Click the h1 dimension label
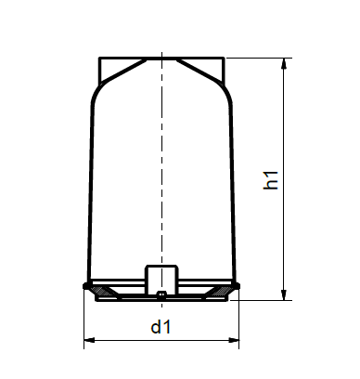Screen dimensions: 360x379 tap(271, 180)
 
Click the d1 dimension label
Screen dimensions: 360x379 tap(161, 327)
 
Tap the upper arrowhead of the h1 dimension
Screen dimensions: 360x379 tap(284, 64)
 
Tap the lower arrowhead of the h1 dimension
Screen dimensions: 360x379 tap(284, 294)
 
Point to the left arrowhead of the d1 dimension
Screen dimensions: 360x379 tap(90, 340)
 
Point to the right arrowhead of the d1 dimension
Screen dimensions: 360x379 tap(233, 340)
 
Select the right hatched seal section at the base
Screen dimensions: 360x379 tap(221, 291)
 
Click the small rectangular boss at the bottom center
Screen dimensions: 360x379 tap(161, 279)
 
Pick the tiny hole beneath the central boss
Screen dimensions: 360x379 tap(161, 294)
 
